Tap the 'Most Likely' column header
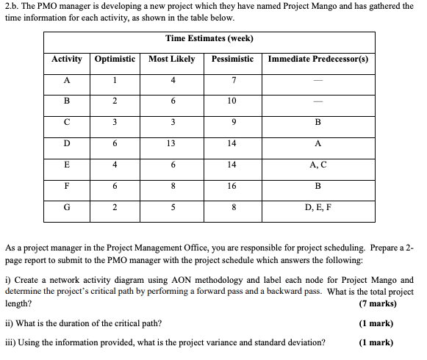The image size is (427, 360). (x=171, y=59)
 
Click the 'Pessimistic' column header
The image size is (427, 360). (x=232, y=59)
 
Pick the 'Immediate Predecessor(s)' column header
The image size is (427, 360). (x=318, y=59)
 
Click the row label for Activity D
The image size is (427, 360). (x=67, y=145)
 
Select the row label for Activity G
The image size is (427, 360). (x=67, y=207)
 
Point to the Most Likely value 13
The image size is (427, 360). (x=171, y=145)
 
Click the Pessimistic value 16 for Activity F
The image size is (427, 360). (x=232, y=187)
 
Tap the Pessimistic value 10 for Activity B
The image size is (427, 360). (x=232, y=101)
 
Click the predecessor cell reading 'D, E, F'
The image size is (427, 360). (x=318, y=207)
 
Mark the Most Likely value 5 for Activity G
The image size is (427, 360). (x=171, y=207)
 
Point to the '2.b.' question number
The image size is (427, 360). (x=14, y=6)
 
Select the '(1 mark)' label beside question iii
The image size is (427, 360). (x=376, y=342)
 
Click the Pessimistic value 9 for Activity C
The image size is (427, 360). (x=232, y=123)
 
